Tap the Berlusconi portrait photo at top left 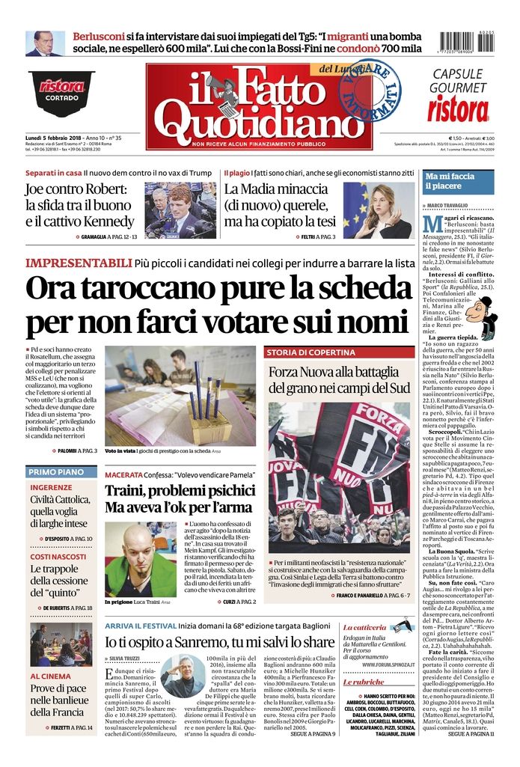pos(44,43)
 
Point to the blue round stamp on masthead pos(370,90)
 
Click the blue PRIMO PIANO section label pos(56,472)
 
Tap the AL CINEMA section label pos(51,676)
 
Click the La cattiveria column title pos(365,626)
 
